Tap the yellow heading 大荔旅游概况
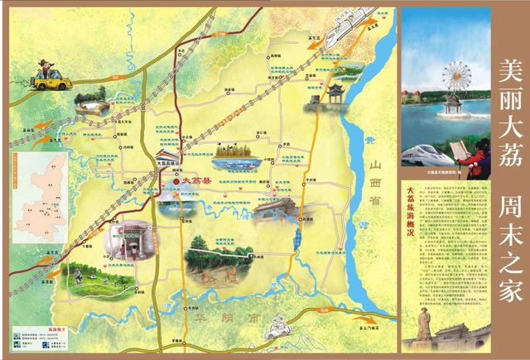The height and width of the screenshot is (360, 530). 408,212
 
